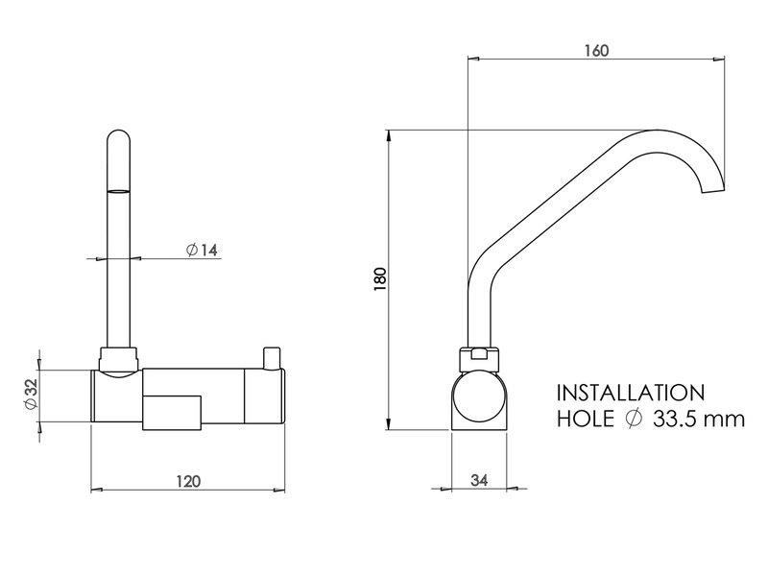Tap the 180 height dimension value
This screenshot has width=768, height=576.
coord(379,279)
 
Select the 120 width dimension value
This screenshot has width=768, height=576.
coord(189,482)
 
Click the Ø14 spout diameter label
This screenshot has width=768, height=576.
coord(202,251)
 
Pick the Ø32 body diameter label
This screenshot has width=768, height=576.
coord(30,394)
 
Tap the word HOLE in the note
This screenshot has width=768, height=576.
coord(586,420)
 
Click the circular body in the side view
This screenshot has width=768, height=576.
coord(480,397)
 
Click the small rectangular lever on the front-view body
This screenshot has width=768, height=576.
coord(174,412)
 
